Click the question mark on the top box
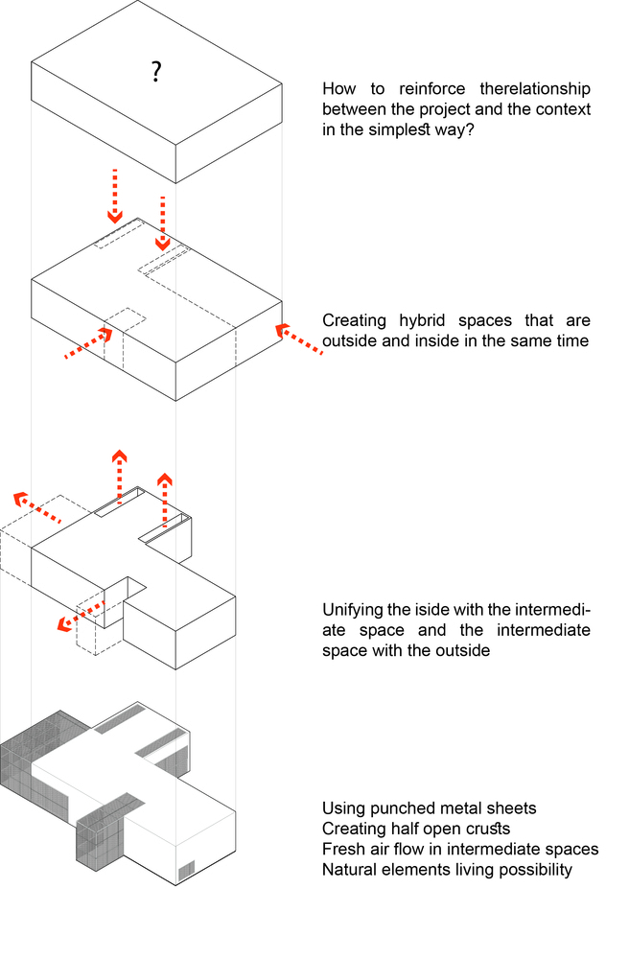click(155, 72)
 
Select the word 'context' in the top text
click(565, 109)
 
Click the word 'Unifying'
click(352, 610)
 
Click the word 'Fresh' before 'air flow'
click(342, 849)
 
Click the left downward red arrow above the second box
click(115, 196)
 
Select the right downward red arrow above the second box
click(163, 223)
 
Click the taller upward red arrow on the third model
click(119, 476)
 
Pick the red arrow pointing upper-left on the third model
click(36, 508)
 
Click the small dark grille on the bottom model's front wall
click(186, 869)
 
